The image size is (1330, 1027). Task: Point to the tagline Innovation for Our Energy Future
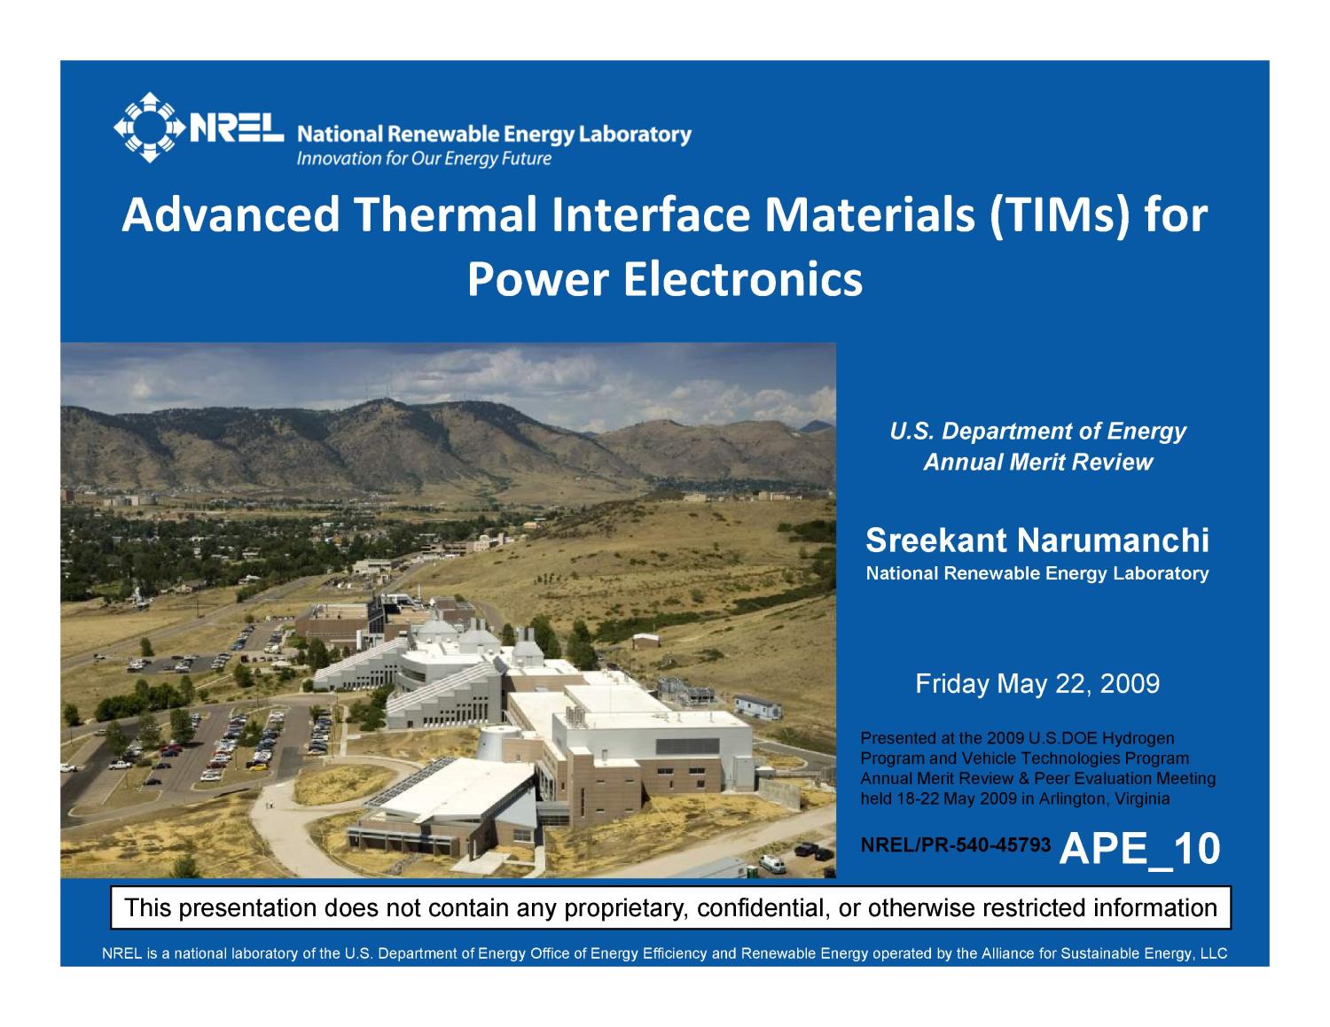[x=424, y=159]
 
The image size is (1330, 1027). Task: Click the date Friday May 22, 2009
[x=1037, y=684]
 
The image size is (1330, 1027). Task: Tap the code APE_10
[x=1139, y=849]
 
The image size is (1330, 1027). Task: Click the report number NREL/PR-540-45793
[x=956, y=846]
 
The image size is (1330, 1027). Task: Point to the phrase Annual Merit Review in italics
[x=1037, y=463]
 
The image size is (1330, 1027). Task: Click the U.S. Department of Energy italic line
[x=1037, y=432]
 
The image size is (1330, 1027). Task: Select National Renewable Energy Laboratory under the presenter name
[x=1037, y=573]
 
